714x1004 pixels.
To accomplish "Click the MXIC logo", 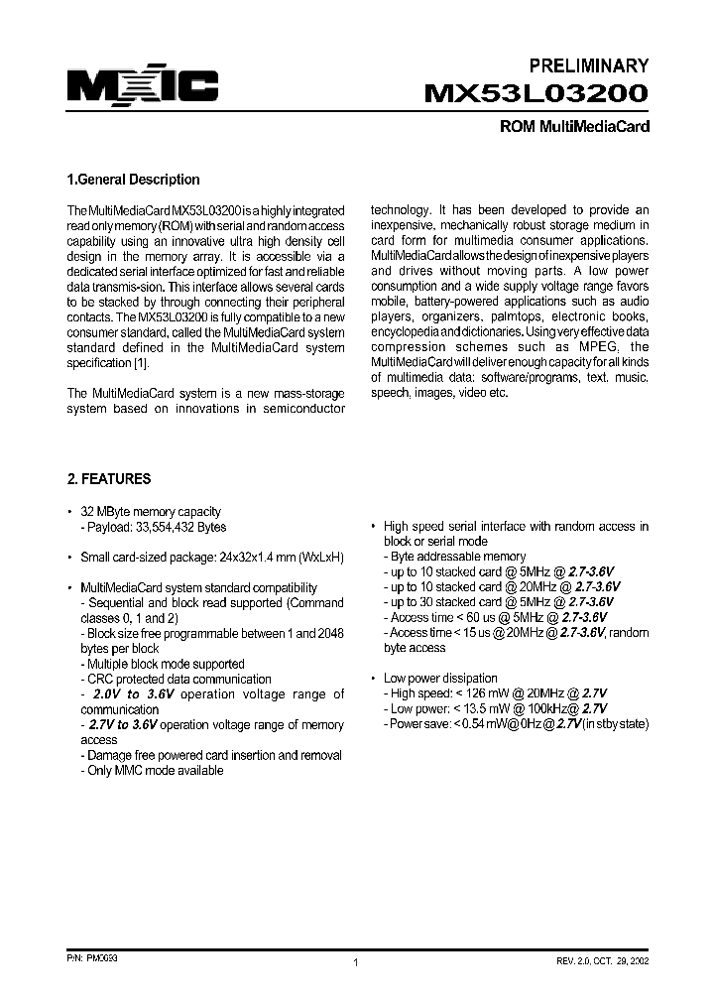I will point(142,88).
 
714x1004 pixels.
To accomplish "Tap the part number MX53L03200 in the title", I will point(536,95).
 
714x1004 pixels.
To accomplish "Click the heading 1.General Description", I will point(132,180).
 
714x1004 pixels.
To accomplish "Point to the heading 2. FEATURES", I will point(109,478).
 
